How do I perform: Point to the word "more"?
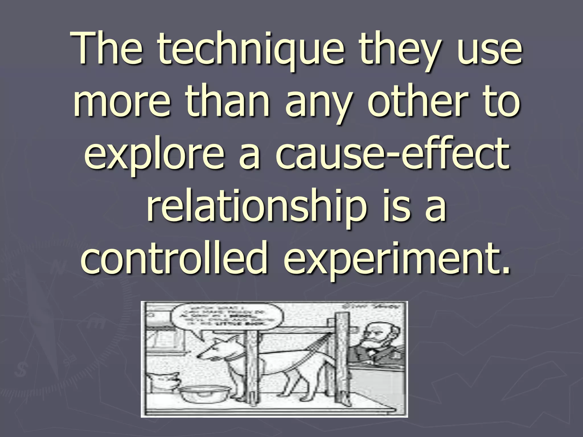pyautogui.click(x=122, y=102)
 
